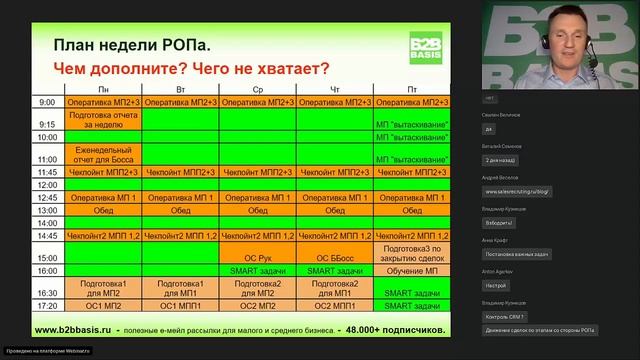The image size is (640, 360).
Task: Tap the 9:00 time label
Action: [47, 102]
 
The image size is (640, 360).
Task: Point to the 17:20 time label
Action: [47, 305]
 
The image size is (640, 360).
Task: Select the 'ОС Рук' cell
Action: [258, 257]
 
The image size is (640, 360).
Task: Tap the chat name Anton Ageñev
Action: [498, 273]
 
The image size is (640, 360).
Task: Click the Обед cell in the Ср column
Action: [258, 211]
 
